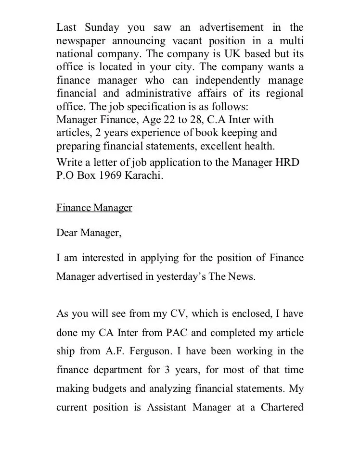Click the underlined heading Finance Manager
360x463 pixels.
pyautogui.click(x=94, y=208)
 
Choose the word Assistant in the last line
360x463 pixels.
pyautogui.click(x=167, y=407)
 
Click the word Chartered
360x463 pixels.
pyautogui.click(x=282, y=407)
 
